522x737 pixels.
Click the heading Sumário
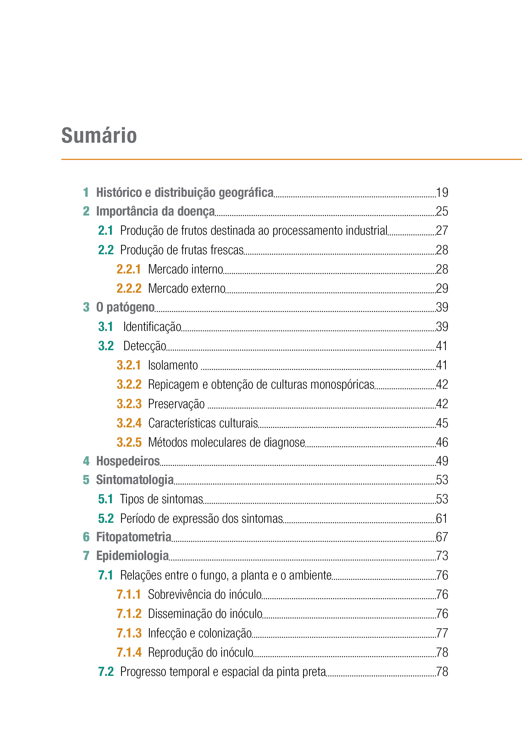point(99,135)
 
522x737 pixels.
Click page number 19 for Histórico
point(442,193)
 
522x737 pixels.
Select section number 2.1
point(106,230)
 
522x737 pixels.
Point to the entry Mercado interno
point(186,269)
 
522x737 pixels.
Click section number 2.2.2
point(129,288)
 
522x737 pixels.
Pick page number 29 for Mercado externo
point(442,288)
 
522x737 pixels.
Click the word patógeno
point(130,308)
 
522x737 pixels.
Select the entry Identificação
point(152,327)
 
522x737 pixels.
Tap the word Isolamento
point(173,366)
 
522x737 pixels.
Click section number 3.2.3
point(129,404)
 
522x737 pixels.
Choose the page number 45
point(442,423)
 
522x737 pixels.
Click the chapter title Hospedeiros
point(128,461)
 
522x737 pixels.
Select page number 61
point(442,518)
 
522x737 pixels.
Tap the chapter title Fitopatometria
point(134,537)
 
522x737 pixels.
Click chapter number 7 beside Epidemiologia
point(86,556)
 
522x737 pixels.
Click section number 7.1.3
point(129,633)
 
